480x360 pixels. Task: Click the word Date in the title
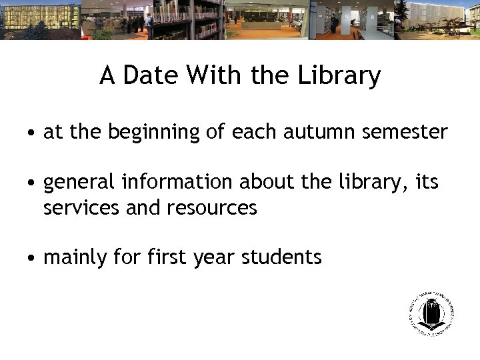coord(151,75)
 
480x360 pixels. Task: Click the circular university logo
coord(431,313)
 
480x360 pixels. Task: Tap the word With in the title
coord(216,75)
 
